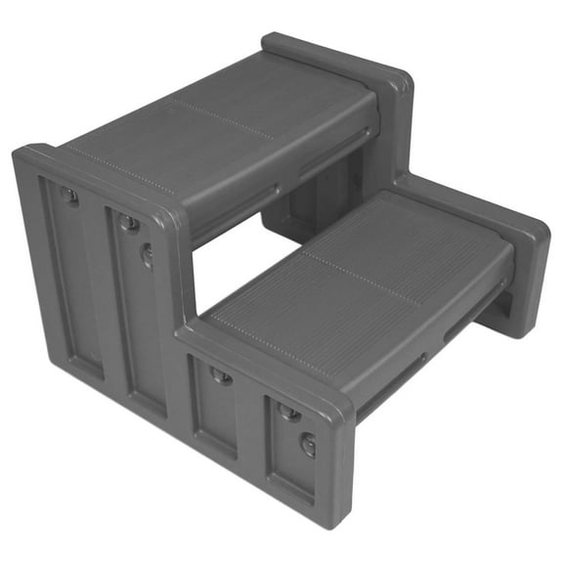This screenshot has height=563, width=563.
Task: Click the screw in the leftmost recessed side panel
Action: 69,195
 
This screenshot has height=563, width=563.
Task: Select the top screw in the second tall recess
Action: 128,224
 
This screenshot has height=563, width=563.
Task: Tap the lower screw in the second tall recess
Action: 147,256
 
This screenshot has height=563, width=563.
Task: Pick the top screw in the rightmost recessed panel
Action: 288,412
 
